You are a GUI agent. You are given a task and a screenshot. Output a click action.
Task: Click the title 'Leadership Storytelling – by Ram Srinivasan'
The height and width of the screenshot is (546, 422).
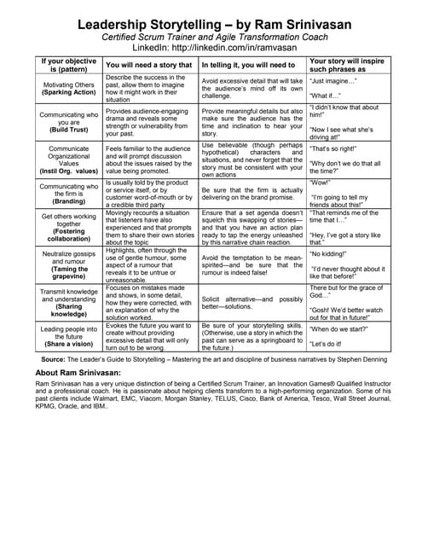(211, 26)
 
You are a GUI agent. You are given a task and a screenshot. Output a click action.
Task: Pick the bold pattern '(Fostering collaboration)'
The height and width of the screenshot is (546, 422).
(69, 234)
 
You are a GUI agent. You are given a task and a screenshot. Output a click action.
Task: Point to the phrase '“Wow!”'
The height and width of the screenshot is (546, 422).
(323, 182)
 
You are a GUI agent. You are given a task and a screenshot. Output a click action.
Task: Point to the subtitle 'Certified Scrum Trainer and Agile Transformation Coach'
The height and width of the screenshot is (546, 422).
(211, 38)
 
